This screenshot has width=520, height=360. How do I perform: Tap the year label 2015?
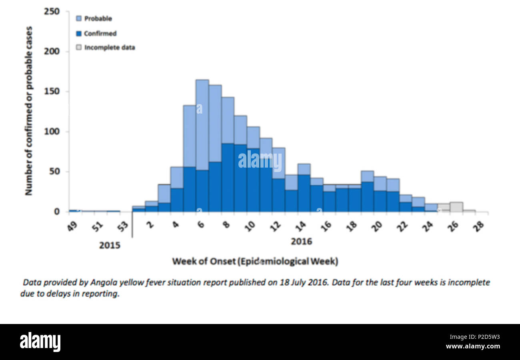click(110, 245)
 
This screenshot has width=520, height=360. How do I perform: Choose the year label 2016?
click(301, 242)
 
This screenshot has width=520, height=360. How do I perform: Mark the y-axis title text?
click(28, 111)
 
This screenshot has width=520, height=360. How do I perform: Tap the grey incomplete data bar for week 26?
click(456, 207)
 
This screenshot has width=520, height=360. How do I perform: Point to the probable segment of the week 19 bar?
click(367, 176)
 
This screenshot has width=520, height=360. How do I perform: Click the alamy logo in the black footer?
click(40, 342)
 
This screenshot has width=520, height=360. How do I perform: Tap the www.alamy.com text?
click(472, 346)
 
